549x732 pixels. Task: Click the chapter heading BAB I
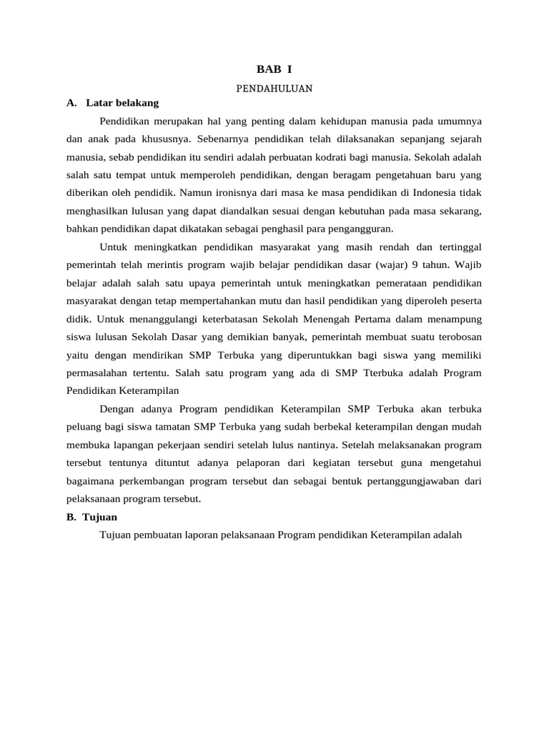coord(274,69)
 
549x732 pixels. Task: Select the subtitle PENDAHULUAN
coord(274,89)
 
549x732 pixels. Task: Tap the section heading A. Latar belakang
coord(112,103)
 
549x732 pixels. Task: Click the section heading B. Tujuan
coord(91,516)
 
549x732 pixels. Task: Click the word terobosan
coord(454,336)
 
